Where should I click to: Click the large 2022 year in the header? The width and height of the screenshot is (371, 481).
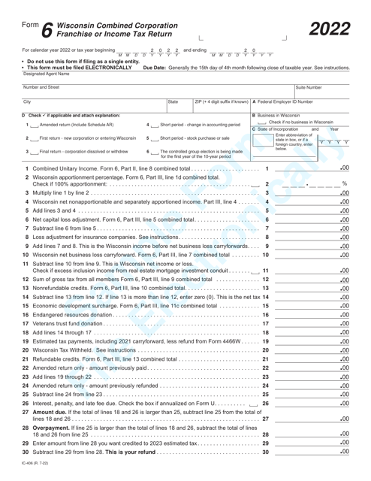330,29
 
